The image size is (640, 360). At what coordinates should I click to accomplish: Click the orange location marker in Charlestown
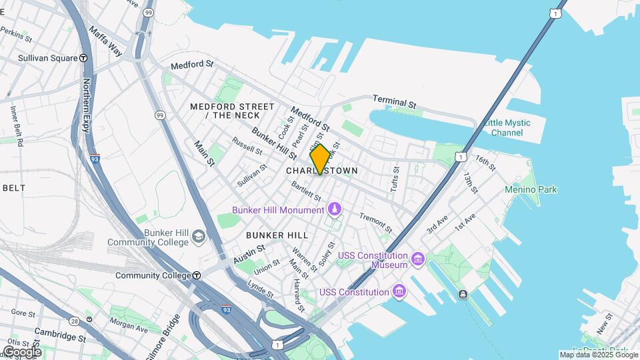pos(320,159)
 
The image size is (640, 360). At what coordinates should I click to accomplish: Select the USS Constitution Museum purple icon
pos(418,259)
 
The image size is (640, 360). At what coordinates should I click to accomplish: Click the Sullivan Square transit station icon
pos(83,58)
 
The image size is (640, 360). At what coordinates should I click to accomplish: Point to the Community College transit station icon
pos(197,275)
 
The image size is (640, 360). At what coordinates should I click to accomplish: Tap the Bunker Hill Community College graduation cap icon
pos(199,237)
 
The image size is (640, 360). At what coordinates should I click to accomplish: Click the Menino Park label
pos(530,189)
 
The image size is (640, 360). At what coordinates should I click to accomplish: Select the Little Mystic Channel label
pos(507,127)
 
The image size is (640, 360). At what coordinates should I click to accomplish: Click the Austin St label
pos(249,253)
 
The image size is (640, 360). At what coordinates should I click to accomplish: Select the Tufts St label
pos(395,178)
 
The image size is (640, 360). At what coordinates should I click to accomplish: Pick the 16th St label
pos(485,163)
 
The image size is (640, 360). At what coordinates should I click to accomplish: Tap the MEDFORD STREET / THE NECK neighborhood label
pos(232,111)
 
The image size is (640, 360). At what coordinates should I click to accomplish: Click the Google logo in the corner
pos(22,351)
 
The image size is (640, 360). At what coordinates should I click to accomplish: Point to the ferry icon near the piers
pos(463,295)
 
